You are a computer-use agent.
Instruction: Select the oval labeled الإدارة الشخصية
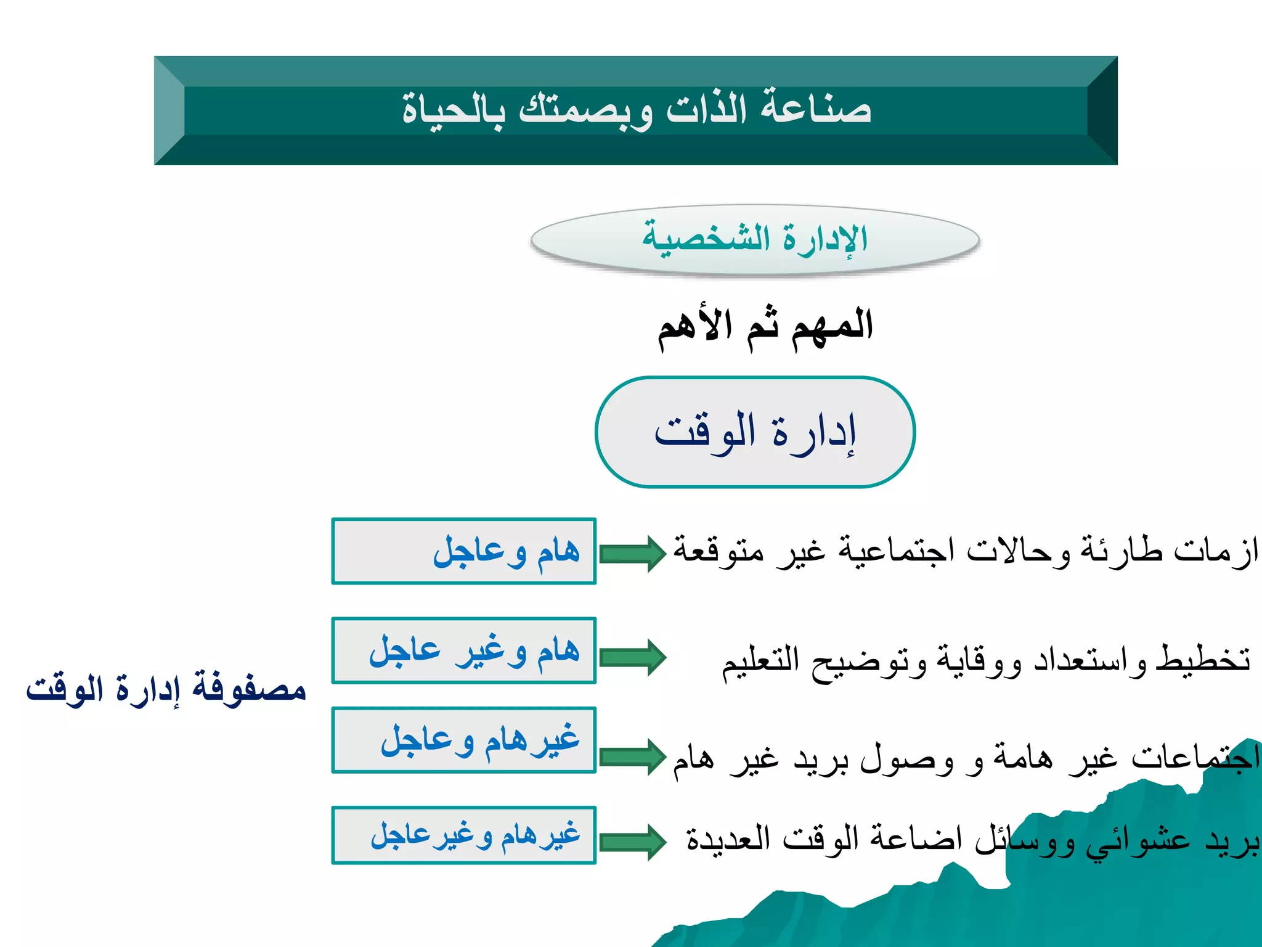click(755, 240)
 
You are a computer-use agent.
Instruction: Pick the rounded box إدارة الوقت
click(755, 432)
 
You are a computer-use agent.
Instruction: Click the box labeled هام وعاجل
click(463, 551)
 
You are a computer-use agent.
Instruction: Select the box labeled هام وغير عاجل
click(463, 650)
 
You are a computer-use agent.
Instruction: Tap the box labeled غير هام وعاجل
click(463, 740)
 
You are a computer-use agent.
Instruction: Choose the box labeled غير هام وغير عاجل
click(463, 835)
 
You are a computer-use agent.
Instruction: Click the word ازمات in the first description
click(1216, 551)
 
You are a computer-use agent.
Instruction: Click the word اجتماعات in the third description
click(1195, 758)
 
